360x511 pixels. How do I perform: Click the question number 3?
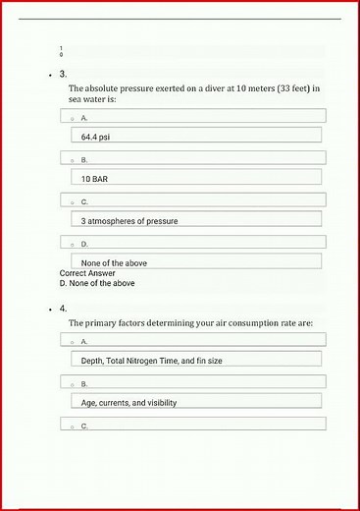(63, 74)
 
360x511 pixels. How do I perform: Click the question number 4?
(63, 309)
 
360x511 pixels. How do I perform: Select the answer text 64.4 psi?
(95, 137)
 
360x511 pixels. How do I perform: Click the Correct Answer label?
(88, 273)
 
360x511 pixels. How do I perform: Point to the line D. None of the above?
(97, 283)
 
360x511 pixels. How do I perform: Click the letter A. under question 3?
(84, 117)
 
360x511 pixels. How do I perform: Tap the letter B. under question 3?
(84, 159)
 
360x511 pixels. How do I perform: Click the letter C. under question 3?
(84, 201)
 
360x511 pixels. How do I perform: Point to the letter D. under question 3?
(84, 244)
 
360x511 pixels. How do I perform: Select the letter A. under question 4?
(84, 341)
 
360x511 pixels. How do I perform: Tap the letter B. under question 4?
(84, 383)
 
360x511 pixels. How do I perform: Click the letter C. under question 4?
(84, 426)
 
